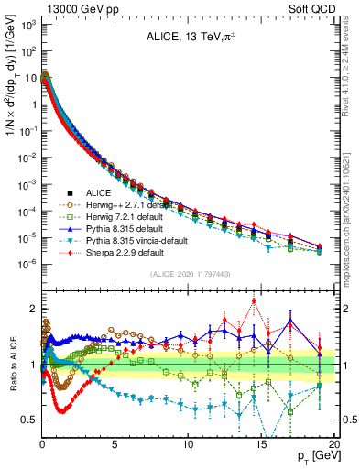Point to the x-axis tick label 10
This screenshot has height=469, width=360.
click(188, 445)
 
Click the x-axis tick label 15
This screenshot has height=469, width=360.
click(261, 445)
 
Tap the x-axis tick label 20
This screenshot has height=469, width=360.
click(333, 445)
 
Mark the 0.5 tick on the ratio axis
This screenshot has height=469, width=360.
click(27, 420)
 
